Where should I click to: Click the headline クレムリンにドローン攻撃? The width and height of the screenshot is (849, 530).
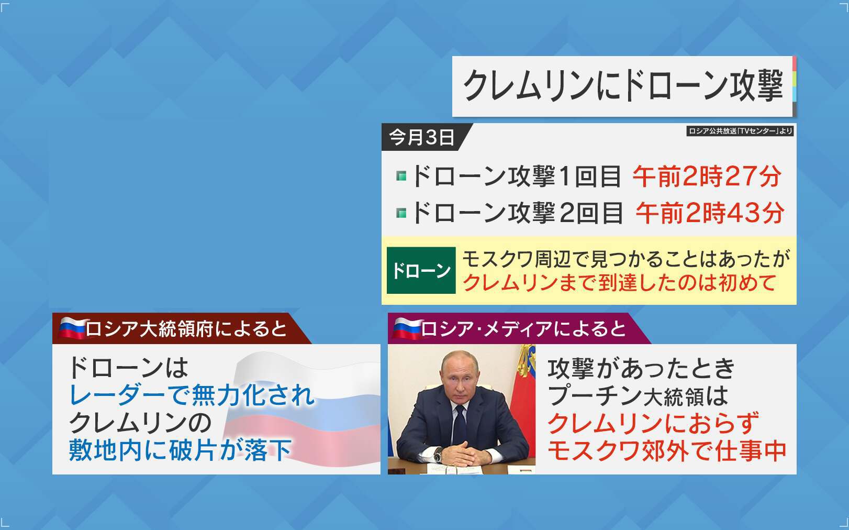coord(623,86)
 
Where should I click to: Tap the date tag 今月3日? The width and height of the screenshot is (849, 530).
coord(421,137)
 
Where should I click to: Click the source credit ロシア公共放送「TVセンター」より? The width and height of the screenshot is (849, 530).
coord(740,131)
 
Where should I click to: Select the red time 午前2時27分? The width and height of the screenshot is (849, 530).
coord(707,176)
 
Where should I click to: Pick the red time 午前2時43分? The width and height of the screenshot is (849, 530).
coord(710,213)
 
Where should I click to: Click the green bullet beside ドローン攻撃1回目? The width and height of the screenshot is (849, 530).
coord(401,176)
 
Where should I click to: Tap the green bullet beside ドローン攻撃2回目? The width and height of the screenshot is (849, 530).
coord(401,213)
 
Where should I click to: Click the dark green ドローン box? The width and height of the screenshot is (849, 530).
coord(421,270)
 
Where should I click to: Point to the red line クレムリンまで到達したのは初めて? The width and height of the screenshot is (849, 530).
coord(619,283)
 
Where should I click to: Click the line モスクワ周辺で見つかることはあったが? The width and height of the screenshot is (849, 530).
coord(626,259)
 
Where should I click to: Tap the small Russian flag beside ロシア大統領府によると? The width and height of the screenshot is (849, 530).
coord(72,328)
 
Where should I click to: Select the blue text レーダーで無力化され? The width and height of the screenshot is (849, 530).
coord(192,395)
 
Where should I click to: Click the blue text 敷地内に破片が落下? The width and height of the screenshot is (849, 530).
coord(181,450)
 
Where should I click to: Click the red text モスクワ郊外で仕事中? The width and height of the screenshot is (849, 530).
coord(667,451)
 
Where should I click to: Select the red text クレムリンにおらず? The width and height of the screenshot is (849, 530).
coord(653,423)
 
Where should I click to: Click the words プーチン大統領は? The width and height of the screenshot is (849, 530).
coord(638,395)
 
